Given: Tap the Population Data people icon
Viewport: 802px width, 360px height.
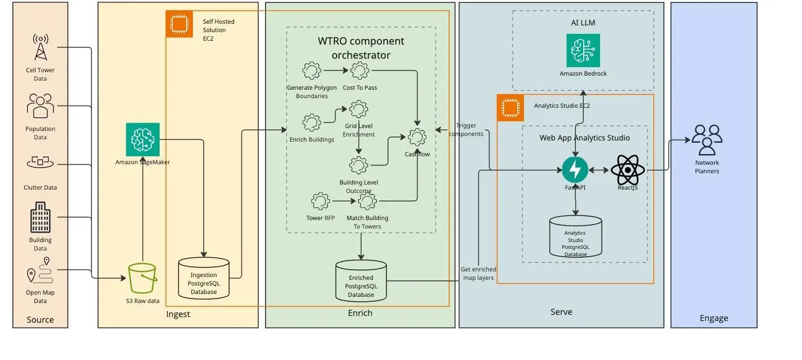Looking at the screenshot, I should (40, 106).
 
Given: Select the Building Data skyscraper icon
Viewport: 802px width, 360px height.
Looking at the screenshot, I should (40, 217).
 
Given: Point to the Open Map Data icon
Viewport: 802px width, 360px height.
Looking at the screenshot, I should (39, 271).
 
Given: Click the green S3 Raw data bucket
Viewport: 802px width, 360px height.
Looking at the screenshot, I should (142, 278).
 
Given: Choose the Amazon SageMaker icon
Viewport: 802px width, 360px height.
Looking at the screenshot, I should (143, 139).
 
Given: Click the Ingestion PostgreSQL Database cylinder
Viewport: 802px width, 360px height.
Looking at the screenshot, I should (203, 278).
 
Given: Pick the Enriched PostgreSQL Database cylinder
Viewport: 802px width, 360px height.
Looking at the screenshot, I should (361, 279).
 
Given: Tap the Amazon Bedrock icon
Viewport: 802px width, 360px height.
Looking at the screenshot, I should (583, 51).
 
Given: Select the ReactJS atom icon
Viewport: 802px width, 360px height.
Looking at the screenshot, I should (627, 170).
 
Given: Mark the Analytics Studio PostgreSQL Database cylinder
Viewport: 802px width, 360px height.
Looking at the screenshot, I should (575, 236).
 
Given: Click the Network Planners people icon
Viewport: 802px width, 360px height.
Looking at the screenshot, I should (707, 140).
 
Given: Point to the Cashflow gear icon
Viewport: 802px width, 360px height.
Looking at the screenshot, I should (417, 137).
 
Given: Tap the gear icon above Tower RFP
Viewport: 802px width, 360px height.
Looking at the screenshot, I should (320, 200).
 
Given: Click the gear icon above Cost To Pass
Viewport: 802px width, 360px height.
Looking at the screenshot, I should (360, 71).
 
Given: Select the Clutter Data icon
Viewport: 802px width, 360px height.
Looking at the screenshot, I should (40, 163).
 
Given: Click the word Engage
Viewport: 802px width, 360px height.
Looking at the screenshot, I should (713, 318).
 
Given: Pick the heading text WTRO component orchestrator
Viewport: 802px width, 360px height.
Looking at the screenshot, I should (361, 48).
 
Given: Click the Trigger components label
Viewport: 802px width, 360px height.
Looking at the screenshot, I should (470, 130).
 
